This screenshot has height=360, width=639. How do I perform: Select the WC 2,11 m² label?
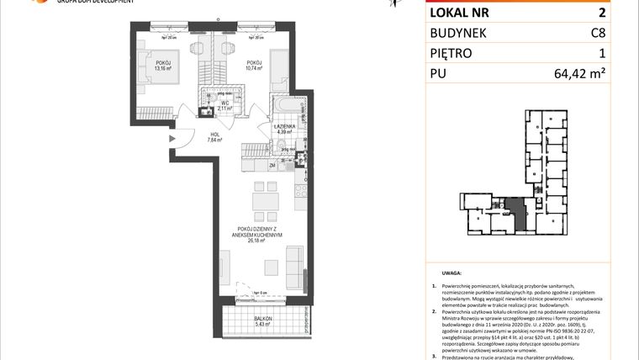click(x=224, y=105)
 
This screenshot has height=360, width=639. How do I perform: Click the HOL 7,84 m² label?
click(x=214, y=138)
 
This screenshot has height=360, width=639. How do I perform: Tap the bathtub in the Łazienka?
click(x=285, y=107)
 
